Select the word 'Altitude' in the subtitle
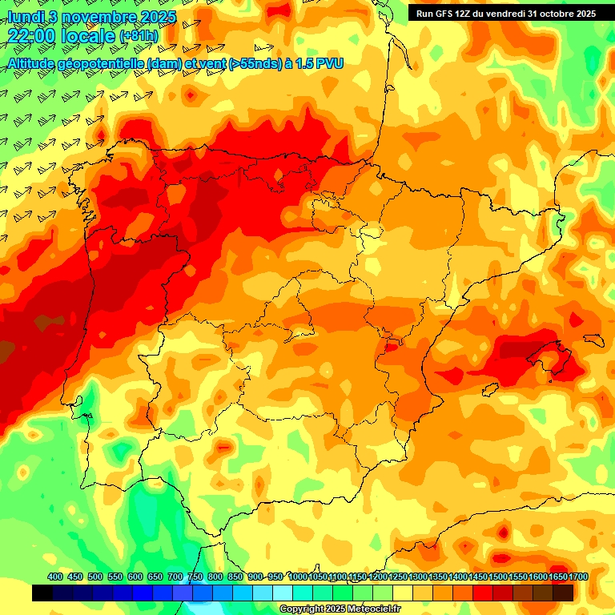36,63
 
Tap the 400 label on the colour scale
55,577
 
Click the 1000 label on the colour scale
298,577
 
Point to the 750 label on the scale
195,577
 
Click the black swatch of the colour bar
42,593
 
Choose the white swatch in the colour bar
283,593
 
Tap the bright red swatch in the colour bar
483,593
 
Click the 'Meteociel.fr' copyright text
370,609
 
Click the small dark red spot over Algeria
502,531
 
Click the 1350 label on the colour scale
439,577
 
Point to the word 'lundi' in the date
24,18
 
